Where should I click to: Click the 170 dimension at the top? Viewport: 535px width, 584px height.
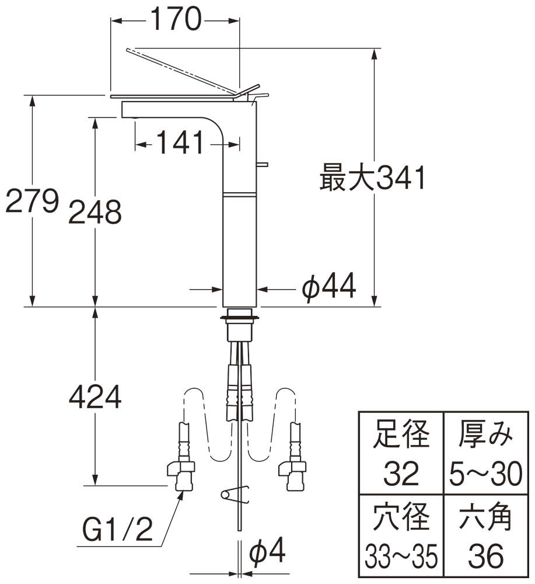point(175,21)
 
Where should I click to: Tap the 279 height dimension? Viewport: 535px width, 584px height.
point(32,202)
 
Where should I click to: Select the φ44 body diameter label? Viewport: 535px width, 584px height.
point(328,287)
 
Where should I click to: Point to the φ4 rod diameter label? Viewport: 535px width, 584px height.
point(268,551)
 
